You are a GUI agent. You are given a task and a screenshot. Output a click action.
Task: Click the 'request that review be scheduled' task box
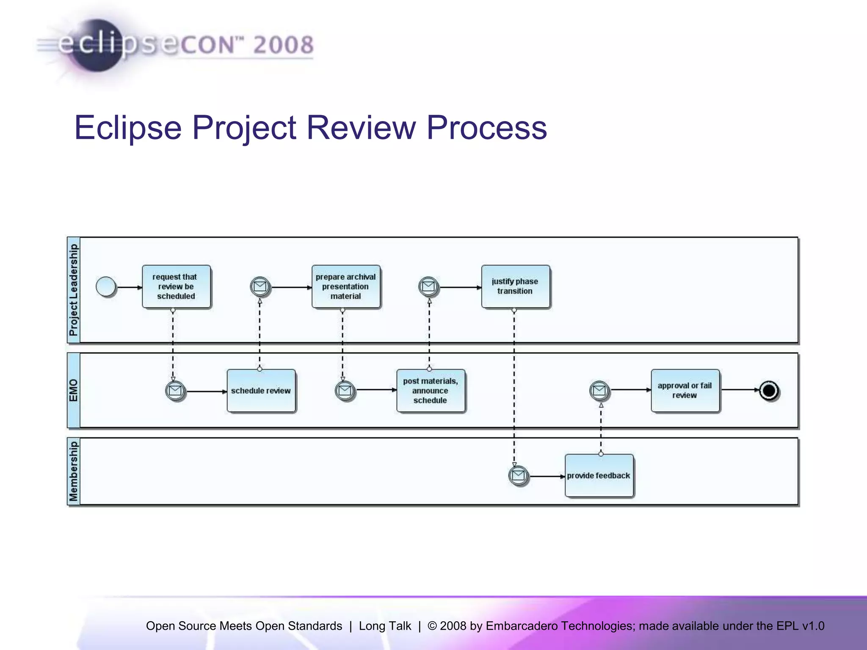(x=176, y=286)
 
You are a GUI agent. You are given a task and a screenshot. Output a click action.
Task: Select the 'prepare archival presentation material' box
(x=345, y=286)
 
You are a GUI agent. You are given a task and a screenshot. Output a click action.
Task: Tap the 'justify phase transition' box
(x=515, y=286)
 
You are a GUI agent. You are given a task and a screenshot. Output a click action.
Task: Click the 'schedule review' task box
(x=261, y=391)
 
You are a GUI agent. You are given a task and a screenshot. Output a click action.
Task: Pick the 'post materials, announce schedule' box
(x=431, y=391)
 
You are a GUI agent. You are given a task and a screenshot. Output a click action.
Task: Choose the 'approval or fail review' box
(x=685, y=391)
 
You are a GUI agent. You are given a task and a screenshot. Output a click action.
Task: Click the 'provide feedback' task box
(x=599, y=476)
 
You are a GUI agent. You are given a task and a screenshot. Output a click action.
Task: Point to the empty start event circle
(x=106, y=287)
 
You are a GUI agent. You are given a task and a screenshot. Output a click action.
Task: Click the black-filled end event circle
(x=769, y=391)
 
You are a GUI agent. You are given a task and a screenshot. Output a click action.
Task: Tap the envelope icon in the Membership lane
(x=518, y=476)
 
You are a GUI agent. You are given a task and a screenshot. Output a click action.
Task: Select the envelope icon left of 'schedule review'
(x=175, y=391)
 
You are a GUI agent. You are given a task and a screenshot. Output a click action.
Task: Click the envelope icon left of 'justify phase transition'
(x=429, y=287)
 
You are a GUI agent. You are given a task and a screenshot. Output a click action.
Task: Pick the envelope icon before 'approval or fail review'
(x=599, y=390)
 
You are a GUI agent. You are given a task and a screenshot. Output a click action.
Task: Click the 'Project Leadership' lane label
(x=74, y=290)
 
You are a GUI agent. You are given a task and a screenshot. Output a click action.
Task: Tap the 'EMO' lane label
(x=74, y=390)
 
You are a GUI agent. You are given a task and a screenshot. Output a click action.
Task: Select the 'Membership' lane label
(x=74, y=471)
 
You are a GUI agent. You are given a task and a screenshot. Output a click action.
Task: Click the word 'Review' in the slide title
(x=361, y=127)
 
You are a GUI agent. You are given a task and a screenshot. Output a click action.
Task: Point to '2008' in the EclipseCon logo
(x=283, y=45)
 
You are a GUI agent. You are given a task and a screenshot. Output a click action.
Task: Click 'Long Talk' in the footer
(x=384, y=626)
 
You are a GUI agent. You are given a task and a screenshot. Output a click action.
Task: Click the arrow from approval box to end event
(x=739, y=390)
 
